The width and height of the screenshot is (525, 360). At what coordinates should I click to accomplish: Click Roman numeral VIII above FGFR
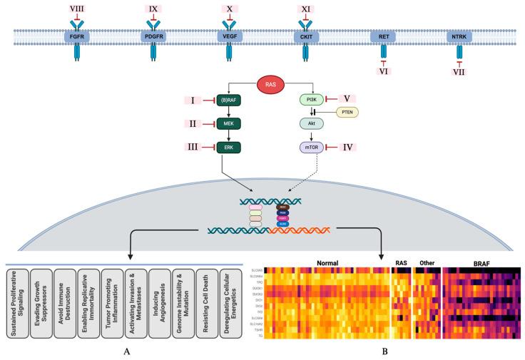tap(76, 9)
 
